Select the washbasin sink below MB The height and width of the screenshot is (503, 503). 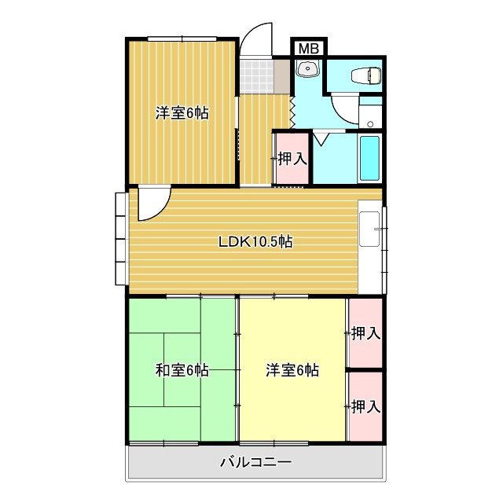[x=307, y=71]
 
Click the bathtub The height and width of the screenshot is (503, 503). [x=369, y=157]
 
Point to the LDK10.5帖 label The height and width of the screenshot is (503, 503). [x=255, y=242]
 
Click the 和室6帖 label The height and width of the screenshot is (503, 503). [x=182, y=369]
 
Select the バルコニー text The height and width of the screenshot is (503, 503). [x=255, y=462]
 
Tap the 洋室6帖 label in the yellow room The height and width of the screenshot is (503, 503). [x=292, y=369]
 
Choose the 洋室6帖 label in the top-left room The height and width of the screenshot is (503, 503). [x=182, y=113]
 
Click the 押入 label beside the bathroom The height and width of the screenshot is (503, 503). [x=292, y=158]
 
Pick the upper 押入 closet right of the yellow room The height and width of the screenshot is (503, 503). [x=365, y=333]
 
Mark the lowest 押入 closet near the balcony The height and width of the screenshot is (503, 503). [x=365, y=406]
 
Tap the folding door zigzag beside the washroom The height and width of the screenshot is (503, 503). [x=292, y=109]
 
